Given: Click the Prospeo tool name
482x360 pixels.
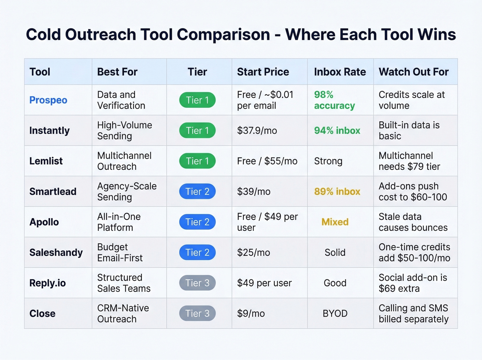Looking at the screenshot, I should pos(48,100).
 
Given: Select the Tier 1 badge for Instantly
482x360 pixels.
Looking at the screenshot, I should pos(197,131).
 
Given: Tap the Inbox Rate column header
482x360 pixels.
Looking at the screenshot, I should pos(339,72).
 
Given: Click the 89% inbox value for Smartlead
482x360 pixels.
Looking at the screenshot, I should pos(337,192).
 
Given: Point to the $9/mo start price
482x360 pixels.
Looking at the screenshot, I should pos(251,313).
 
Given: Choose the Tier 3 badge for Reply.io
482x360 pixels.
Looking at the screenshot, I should pos(197,283).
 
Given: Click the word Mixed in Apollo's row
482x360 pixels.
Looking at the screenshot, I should pos(335,222).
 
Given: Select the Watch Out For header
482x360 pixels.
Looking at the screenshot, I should pos(413,72).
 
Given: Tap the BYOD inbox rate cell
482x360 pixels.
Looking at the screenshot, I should pos(335,313).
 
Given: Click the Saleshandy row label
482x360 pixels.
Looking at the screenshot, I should pos(56,253).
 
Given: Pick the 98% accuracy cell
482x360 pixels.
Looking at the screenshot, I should pos(334,100).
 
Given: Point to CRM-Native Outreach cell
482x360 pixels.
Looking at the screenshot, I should pos(123,313).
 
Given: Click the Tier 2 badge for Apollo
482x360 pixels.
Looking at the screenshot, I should pos(197,222).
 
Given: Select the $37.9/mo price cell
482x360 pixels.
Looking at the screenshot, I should pos(257,131).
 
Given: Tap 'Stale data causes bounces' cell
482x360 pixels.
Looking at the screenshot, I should pos(413,222).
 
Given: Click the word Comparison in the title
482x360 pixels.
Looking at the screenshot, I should pos(223,34).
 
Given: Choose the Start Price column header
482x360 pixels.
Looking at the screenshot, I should pos(263,72).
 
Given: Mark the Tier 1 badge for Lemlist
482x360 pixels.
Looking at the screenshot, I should pos(197,161).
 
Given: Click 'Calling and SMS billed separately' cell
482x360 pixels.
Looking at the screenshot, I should pos(413,313).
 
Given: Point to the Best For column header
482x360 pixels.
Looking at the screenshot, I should pos(117,72).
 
